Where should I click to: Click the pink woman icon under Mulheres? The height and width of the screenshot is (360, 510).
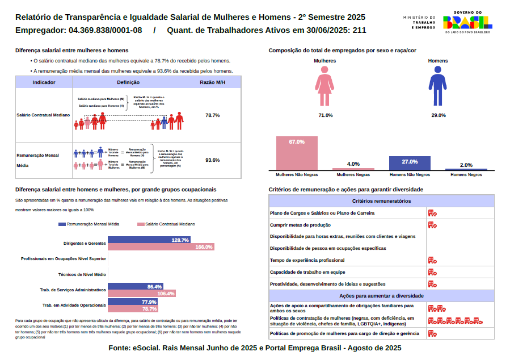(x=325, y=86)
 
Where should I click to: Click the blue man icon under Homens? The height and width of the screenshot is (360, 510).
(x=438, y=86)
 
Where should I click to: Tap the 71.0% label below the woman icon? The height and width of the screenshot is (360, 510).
(x=325, y=115)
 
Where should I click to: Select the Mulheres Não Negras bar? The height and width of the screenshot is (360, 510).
(x=297, y=153)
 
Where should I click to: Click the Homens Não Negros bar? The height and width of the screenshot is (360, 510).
(x=410, y=163)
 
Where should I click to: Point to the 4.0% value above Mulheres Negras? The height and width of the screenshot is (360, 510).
(x=353, y=164)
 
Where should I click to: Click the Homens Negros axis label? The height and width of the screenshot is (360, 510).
(x=466, y=175)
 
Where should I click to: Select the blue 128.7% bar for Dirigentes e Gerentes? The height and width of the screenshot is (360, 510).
(x=149, y=240)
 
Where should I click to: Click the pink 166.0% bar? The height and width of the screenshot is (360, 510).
(x=161, y=247)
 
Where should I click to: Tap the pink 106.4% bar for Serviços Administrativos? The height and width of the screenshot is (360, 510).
(x=141, y=294)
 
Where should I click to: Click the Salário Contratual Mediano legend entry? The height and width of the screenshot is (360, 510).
(x=166, y=224)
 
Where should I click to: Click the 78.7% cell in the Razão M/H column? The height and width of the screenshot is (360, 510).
(x=213, y=115)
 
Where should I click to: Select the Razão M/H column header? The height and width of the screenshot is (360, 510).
(x=213, y=82)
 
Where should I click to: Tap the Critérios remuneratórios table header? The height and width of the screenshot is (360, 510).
(x=381, y=201)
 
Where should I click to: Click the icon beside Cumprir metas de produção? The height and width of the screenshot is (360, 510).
(x=432, y=225)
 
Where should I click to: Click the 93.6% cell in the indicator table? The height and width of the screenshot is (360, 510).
(x=213, y=160)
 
